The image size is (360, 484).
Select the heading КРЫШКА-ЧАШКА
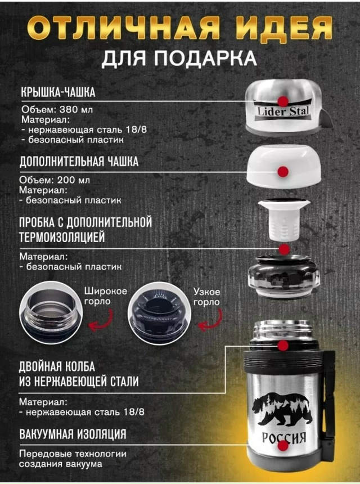tap(58, 92)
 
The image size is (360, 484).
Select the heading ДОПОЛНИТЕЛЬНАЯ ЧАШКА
tap(79, 162)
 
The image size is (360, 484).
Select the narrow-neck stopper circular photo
tap(156, 312)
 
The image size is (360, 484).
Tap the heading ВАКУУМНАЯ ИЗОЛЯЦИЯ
tap(72, 434)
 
